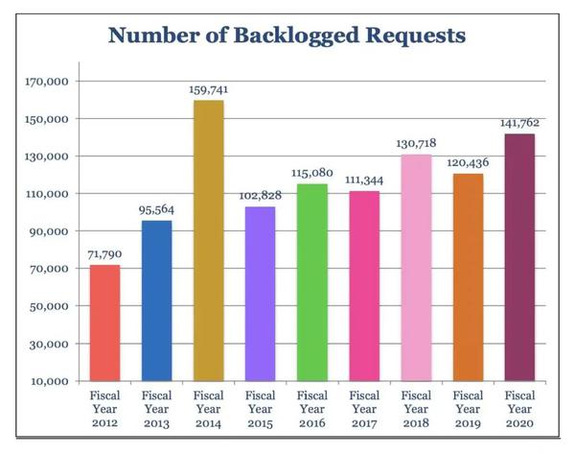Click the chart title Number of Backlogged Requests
[287, 36]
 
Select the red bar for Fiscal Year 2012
[105, 323]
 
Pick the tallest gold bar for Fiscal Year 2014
[209, 240]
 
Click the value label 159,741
[209, 89]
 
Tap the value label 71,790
[105, 253]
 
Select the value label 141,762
[519, 123]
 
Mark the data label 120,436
[468, 163]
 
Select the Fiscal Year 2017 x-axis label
[364, 409]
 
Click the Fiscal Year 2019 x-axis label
[468, 409]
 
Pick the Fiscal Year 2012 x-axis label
[105, 409]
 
